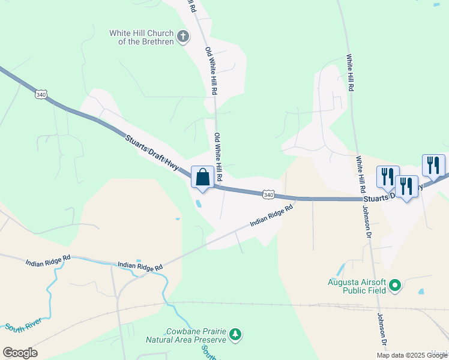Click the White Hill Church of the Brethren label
tap(142, 37)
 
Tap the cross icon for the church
tap(184, 37)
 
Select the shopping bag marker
tap(202, 178)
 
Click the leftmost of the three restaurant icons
tap(387, 176)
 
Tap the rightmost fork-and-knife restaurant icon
tap(433, 165)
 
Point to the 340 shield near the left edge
tap(41, 95)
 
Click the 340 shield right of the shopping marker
tap(268, 194)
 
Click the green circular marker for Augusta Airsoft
tap(395, 286)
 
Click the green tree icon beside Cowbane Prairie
tap(237, 334)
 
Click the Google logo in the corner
tap(20, 353)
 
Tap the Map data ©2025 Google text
tap(412, 355)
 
